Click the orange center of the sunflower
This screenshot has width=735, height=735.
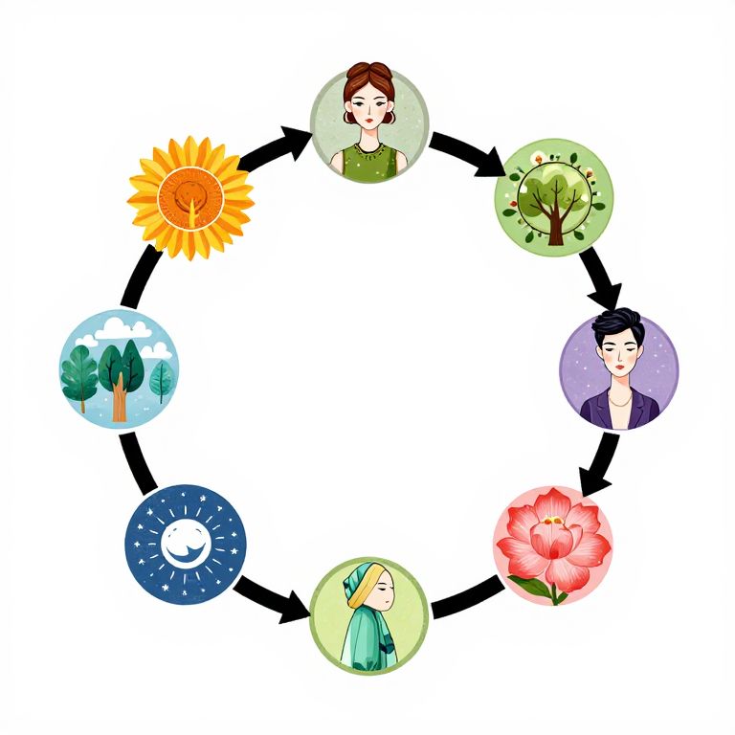click(x=190, y=197)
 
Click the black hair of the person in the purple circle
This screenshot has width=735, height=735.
click(x=617, y=331)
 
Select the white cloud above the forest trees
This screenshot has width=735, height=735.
click(x=124, y=329)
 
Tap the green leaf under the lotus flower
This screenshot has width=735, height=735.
click(x=531, y=586)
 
